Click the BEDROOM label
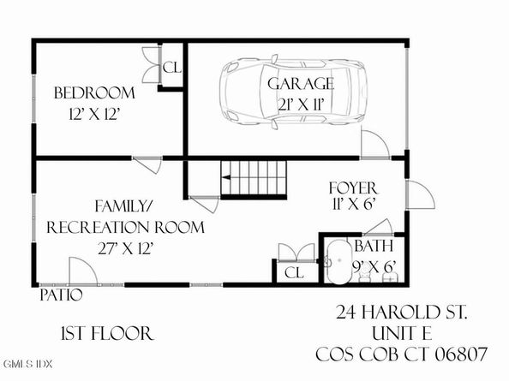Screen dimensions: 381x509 point(95,92)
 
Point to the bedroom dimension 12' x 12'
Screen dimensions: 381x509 point(94,113)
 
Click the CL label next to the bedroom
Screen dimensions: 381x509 point(171,68)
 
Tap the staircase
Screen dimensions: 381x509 point(254,178)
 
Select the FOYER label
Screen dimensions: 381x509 point(352,187)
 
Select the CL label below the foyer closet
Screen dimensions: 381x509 point(292,273)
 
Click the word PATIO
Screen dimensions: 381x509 point(61,295)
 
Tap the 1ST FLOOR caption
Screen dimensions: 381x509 point(106,333)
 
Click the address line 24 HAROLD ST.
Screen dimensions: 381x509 point(401,313)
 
